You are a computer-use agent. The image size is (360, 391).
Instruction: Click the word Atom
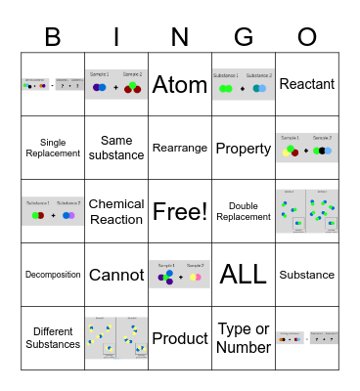[x=180, y=85]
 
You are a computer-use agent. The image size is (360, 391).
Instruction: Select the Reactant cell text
[x=307, y=85]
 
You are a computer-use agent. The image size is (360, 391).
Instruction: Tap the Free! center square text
[x=180, y=211]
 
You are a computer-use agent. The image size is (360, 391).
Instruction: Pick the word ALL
[x=244, y=275]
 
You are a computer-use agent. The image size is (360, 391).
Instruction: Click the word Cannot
[x=116, y=275]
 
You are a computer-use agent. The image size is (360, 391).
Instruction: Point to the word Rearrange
[x=180, y=149]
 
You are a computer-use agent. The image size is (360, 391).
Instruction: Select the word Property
[x=244, y=149]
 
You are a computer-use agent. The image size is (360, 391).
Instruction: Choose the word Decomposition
[x=53, y=275]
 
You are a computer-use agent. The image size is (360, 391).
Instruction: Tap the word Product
[x=180, y=338]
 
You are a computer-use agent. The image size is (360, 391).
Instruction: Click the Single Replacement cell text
[x=53, y=149]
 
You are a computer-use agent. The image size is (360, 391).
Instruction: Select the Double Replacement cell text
[x=244, y=211]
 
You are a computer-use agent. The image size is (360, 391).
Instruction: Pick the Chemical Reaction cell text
[x=116, y=211]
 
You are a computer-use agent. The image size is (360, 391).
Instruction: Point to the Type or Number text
[x=244, y=338]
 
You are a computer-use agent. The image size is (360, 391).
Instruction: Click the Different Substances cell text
[x=53, y=338]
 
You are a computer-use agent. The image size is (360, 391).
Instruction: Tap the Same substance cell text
[x=116, y=149]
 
